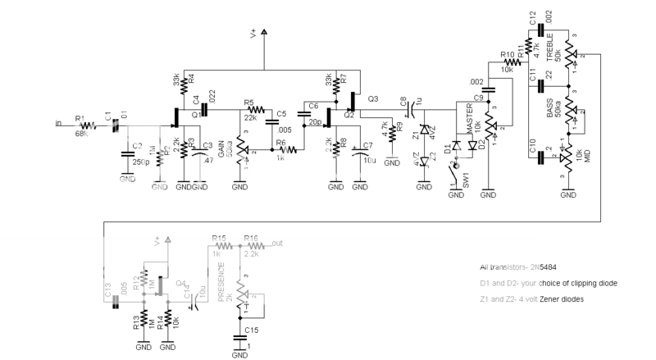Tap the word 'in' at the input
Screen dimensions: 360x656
click(57, 124)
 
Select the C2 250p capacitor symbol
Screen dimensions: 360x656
click(127, 153)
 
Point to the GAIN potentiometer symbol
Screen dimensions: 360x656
click(239, 150)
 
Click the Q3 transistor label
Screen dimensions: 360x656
click(373, 99)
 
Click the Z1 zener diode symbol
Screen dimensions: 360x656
click(423, 130)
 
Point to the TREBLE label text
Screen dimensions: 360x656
click(549, 49)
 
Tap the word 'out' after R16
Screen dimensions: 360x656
click(279, 243)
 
